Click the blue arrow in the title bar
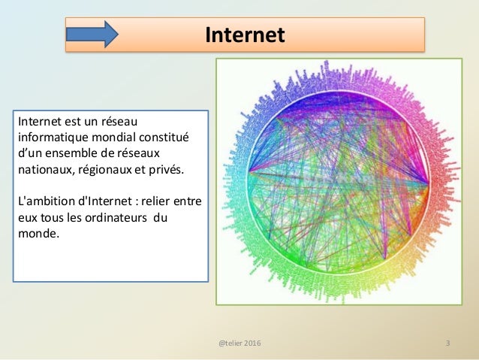click(x=92, y=35)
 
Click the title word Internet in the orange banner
click(x=245, y=35)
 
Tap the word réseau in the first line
click(x=119, y=122)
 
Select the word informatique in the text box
click(x=51, y=138)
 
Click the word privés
click(x=163, y=170)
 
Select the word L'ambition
click(x=45, y=201)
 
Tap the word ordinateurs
click(x=113, y=218)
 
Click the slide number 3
click(x=447, y=343)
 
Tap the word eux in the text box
click(x=27, y=218)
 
